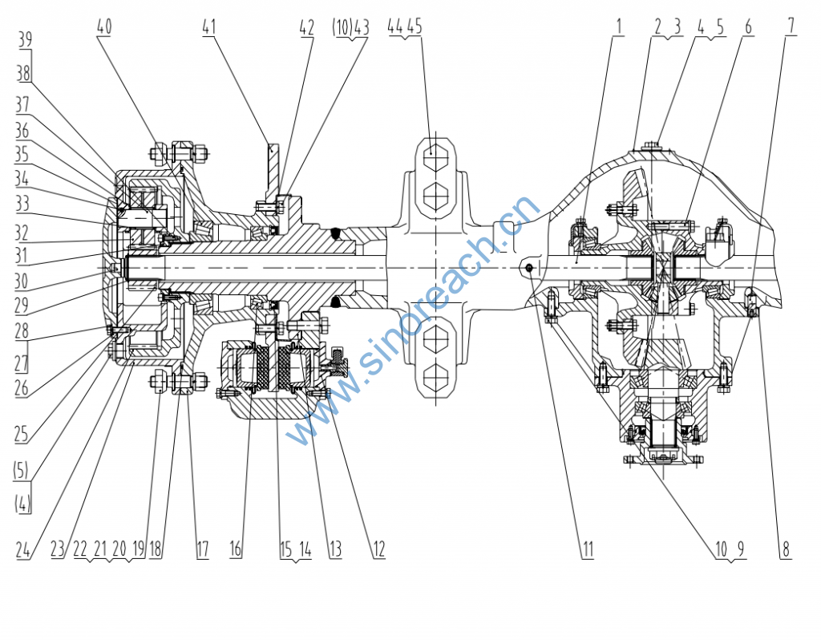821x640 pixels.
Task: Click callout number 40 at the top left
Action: [104, 26]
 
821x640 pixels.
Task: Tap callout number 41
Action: [209, 26]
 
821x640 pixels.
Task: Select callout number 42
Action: [306, 26]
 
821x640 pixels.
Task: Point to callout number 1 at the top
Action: [619, 26]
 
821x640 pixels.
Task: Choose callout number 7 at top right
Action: [791, 26]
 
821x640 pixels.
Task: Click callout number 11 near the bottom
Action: [588, 549]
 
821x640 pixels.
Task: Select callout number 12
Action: [378, 549]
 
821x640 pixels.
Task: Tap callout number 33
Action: [22, 205]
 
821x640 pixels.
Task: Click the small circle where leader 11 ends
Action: [531, 268]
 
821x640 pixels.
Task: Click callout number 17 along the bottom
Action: [201, 549]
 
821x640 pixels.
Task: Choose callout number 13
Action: [334, 549]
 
